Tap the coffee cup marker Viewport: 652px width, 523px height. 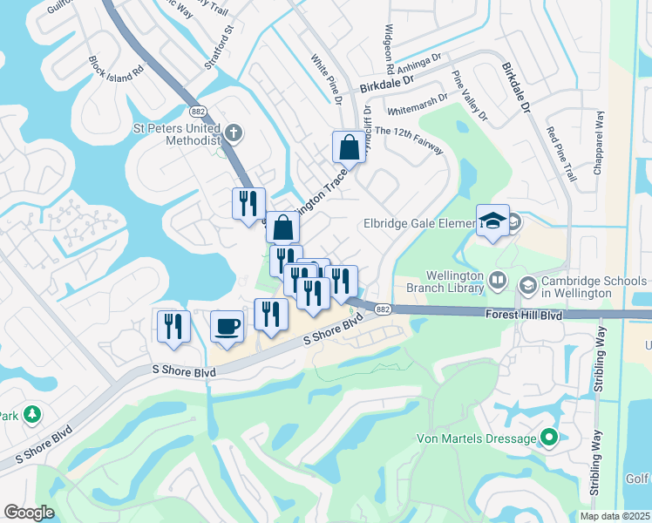[227, 326]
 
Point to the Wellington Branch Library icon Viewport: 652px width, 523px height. [498, 282]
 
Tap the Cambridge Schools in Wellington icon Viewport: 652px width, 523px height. [527, 286]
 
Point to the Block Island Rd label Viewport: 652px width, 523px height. [115, 70]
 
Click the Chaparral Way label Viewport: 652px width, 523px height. [600, 138]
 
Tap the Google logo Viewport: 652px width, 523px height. [29, 513]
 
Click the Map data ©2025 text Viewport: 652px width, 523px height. [614, 516]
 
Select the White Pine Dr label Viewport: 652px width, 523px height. [327, 80]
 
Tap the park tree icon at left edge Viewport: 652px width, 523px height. [32, 413]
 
